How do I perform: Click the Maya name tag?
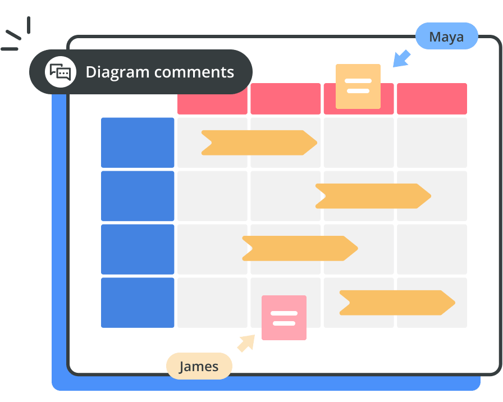click(446, 38)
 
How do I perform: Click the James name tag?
click(199, 367)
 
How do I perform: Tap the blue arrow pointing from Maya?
click(402, 58)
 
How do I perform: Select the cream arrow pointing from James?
click(245, 343)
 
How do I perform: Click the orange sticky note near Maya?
click(358, 86)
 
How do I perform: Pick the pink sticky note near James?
click(283, 318)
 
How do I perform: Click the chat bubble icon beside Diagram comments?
click(61, 72)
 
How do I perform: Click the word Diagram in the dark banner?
click(117, 72)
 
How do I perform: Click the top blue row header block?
click(138, 143)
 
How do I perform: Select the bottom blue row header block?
click(138, 303)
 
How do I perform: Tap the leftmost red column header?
click(212, 99)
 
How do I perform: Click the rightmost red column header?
click(432, 99)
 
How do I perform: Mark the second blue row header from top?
click(138, 196)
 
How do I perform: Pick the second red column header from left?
click(285, 99)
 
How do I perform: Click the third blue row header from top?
click(138, 249)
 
